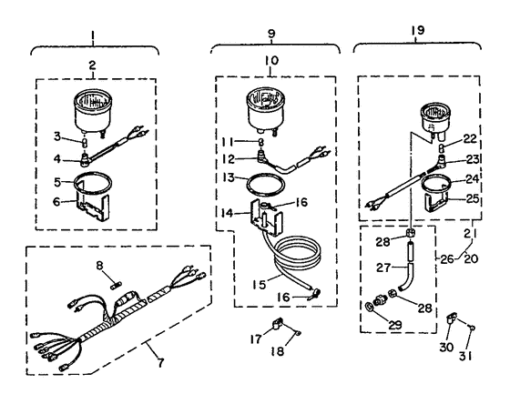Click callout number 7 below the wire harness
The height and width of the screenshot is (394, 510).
[160, 362]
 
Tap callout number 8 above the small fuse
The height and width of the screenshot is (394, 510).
[99, 266]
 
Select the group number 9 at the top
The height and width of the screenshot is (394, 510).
[271, 33]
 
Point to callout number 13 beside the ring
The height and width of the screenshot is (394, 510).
[229, 177]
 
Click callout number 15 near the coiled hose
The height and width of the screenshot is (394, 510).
[260, 284]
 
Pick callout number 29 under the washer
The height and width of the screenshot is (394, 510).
[395, 325]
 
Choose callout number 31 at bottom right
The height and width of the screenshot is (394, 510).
[465, 357]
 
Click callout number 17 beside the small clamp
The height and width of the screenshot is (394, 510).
[256, 339]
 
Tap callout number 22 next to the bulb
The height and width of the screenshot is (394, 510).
[469, 139]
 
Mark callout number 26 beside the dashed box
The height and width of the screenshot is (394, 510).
[447, 259]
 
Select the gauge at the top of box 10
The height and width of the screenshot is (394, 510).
[265, 110]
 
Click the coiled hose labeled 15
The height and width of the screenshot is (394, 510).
[296, 260]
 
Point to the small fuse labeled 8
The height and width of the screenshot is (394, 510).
[116, 287]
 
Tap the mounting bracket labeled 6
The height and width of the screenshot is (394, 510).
[92, 203]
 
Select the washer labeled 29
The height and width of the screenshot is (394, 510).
[369, 306]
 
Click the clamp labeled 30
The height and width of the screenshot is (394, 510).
[452, 318]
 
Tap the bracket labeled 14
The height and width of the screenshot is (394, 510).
[266, 217]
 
